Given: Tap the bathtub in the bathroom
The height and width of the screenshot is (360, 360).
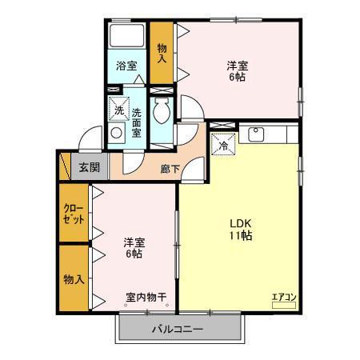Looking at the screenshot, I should pyautogui.click(x=126, y=38).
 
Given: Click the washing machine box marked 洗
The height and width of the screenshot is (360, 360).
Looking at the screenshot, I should pyautogui.click(x=118, y=108).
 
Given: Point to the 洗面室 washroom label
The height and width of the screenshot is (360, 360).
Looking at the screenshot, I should pyautogui.click(x=136, y=122).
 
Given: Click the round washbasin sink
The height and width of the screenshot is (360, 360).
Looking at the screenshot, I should pyautogui.click(x=117, y=133).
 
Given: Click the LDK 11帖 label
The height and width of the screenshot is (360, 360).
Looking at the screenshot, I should pyautogui.click(x=241, y=230).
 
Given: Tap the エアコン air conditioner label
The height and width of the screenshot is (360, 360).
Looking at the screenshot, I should pyautogui.click(x=283, y=298).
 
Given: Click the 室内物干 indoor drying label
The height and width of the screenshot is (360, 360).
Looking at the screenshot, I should pyautogui.click(x=146, y=298).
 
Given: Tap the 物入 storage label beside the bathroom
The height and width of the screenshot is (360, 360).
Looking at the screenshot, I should pyautogui.click(x=161, y=54).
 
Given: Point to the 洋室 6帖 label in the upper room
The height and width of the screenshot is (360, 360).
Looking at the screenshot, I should pyautogui.click(x=235, y=72).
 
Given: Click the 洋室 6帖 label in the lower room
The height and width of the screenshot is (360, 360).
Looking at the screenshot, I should pyautogui.click(x=133, y=247).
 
